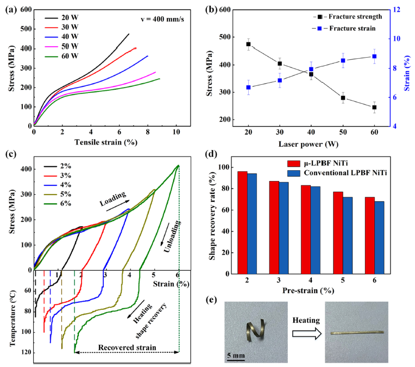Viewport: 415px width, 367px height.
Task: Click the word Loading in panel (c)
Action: [x=113, y=196]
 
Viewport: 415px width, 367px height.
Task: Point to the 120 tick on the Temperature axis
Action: [x=23, y=352]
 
